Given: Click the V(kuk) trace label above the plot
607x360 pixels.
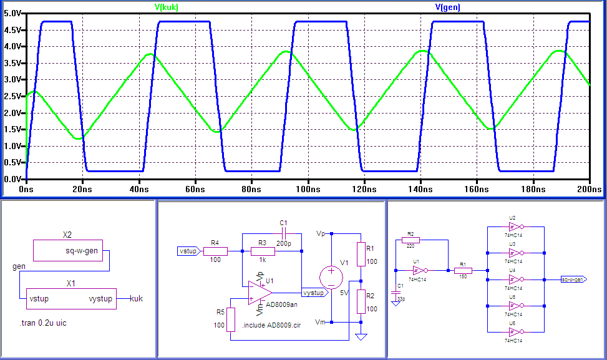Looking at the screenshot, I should (170, 7).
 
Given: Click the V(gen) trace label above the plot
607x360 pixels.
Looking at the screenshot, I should (447, 7).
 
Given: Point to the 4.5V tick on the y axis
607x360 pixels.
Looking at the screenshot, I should (12, 29).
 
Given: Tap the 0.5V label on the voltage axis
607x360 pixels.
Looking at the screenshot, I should (12, 162).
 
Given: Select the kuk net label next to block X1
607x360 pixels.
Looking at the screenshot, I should (136, 299).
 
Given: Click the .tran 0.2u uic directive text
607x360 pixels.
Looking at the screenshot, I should (46, 324).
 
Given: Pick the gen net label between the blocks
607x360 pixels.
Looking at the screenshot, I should (19, 266).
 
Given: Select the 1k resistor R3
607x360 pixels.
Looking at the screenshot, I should (263, 251).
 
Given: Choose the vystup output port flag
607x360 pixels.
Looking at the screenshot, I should (314, 293).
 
